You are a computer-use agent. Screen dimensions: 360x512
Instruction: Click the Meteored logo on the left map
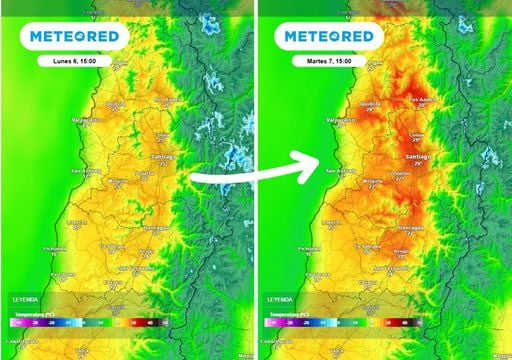(x=75, y=37)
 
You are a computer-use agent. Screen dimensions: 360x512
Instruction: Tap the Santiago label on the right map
(x=420, y=157)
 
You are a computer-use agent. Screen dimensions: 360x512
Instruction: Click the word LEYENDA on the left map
(x=27, y=299)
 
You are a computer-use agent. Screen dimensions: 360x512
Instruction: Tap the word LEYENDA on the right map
(x=281, y=299)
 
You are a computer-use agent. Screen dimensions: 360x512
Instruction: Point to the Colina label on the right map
(x=417, y=137)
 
